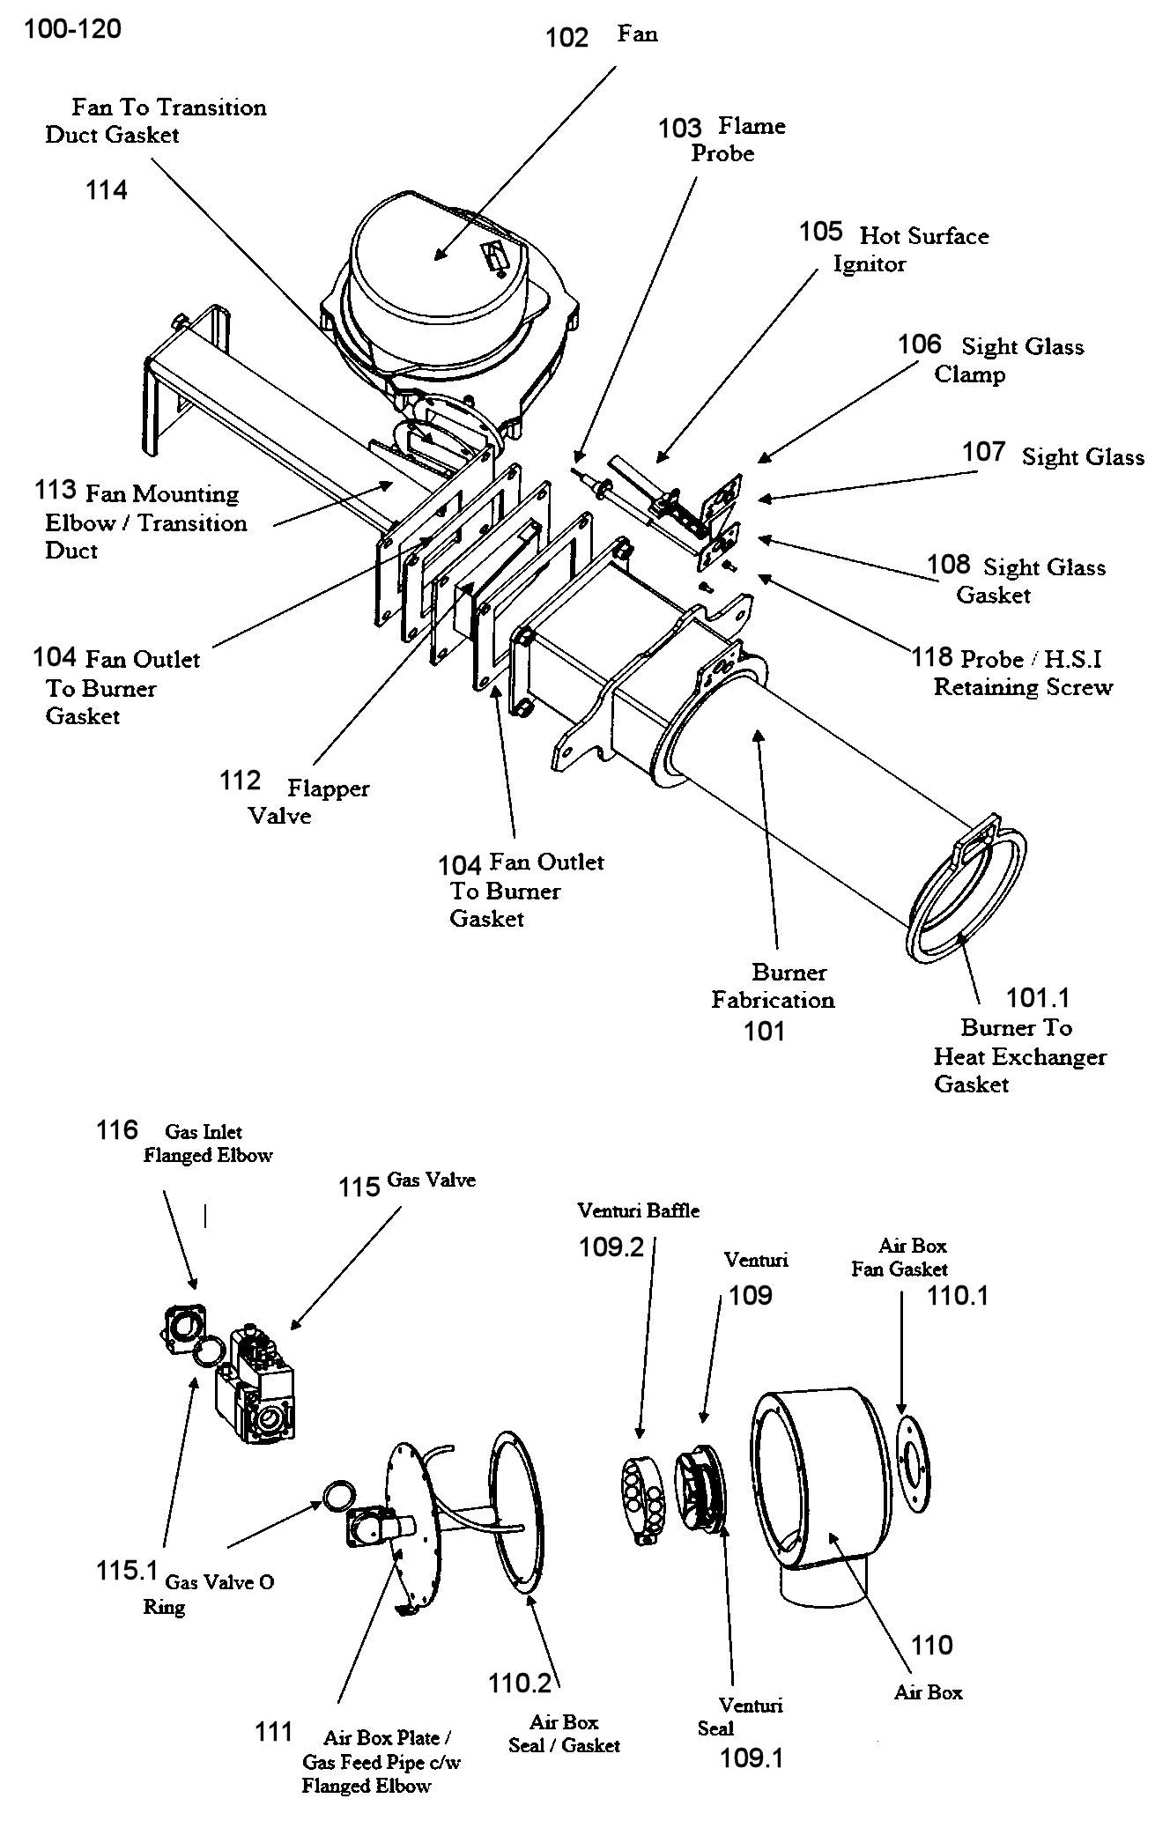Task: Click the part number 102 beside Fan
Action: click(566, 38)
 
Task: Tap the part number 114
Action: click(107, 190)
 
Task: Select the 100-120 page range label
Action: click(72, 29)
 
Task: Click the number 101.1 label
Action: click(1038, 998)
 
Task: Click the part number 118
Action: click(932, 657)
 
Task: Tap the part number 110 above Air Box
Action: click(931, 1645)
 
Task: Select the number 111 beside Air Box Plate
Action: click(273, 1732)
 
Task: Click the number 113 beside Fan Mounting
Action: click(56, 491)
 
